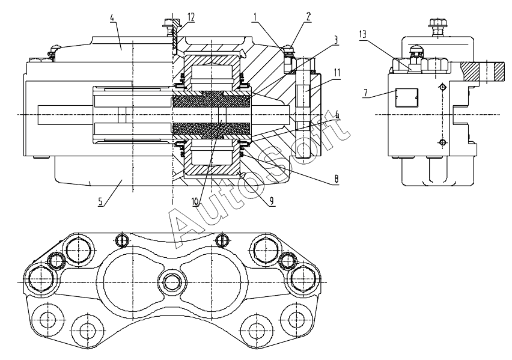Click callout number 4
coord(112,17)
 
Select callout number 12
coord(191,17)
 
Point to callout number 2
coord(308,17)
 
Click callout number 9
coord(272,201)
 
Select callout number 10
coord(195,201)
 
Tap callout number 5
coord(100,201)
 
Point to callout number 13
coord(363,35)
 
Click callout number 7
coord(366,94)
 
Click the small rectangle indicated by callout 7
coord(406,98)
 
